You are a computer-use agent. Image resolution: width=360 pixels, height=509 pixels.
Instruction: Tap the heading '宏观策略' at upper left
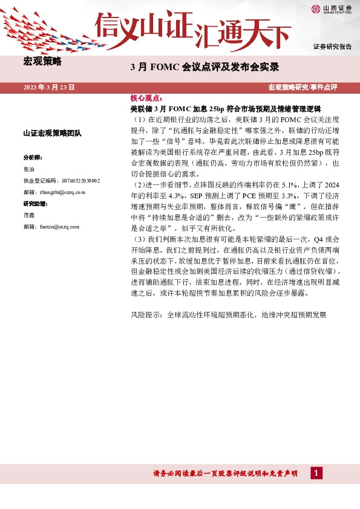[42, 61]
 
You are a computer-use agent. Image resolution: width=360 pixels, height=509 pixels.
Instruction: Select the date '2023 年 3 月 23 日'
[49, 88]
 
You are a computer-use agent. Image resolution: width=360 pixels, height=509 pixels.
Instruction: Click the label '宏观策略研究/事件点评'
[310, 88]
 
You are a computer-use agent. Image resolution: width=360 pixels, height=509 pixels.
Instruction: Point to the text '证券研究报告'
[332, 47]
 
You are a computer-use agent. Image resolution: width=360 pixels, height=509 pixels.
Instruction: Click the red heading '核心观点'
[146, 97]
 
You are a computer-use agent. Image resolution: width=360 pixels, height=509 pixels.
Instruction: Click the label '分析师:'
[33, 157]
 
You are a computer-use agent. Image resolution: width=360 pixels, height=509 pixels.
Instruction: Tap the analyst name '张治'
[28, 169]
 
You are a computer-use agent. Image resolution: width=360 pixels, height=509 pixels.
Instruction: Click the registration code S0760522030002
[62, 180]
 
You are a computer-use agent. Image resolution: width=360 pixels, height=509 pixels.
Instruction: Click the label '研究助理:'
[35, 203]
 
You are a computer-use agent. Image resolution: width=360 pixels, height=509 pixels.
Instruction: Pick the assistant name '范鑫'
[28, 215]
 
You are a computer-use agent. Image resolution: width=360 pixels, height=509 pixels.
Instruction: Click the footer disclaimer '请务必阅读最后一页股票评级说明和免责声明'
[226, 474]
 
